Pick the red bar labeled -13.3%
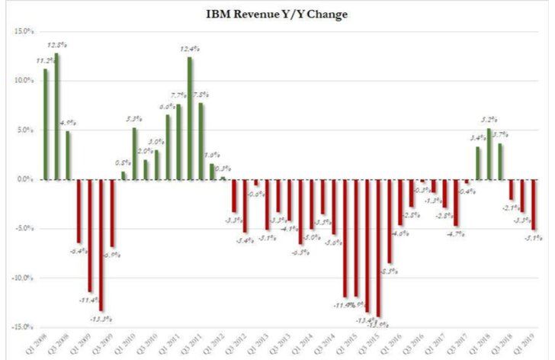click(101, 245)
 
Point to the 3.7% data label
click(501, 134)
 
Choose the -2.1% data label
click(509, 207)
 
